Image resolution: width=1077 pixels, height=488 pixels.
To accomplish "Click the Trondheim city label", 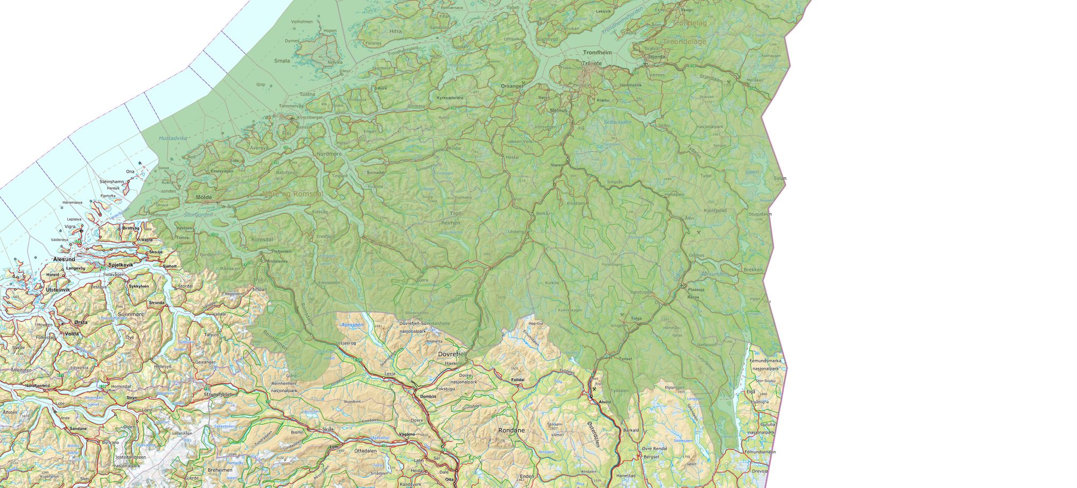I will pyautogui.click(x=597, y=53).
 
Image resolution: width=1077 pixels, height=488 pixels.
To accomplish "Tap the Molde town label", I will pyautogui.click(x=204, y=197).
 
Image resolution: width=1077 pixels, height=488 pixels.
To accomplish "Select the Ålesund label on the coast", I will pyautogui.click(x=64, y=259).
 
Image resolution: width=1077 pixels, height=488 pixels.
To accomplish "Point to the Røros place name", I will pyautogui.click(x=693, y=297).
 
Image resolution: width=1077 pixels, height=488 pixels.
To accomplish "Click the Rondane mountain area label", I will pyautogui.click(x=511, y=430).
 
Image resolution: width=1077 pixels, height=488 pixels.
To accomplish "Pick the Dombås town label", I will pyautogui.click(x=428, y=396).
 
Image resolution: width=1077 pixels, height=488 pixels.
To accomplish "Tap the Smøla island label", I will pyautogui.click(x=282, y=61).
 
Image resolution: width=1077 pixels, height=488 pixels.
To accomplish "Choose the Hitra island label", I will pyautogui.click(x=395, y=32).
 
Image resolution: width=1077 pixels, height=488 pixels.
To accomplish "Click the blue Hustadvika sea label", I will pyautogui.click(x=173, y=138).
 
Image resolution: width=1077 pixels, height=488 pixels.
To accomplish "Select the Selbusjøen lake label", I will pyautogui.click(x=617, y=122).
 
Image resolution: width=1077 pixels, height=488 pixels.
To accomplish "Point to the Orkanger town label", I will pyautogui.click(x=512, y=86).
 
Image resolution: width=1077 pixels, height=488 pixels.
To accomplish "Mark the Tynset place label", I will pyautogui.click(x=625, y=358).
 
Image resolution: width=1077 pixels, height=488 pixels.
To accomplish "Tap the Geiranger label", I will pyautogui.click(x=205, y=362).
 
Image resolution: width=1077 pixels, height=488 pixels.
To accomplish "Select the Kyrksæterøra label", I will pyautogui.click(x=450, y=98).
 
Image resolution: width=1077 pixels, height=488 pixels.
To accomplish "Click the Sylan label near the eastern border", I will pyautogui.click(x=780, y=179).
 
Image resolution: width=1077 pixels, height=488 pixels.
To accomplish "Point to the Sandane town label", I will pyautogui.click(x=79, y=429).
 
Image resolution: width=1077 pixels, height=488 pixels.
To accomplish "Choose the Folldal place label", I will pyautogui.click(x=517, y=380).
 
